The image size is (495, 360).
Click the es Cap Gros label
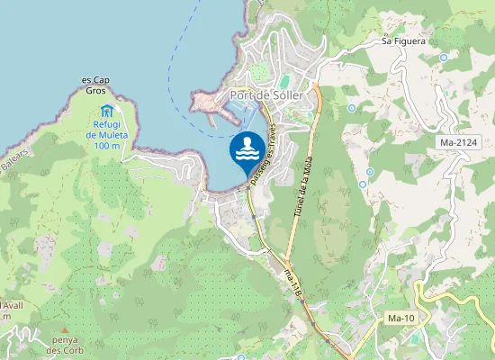pyautogui.click(x=95, y=85)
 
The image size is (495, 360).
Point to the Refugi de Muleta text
pyautogui.click(x=107, y=134)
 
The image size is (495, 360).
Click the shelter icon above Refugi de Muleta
pyautogui.click(x=107, y=111)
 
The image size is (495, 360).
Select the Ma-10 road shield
pyautogui.click(x=400, y=319)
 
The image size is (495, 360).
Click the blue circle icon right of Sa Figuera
pyautogui.click(x=443, y=58)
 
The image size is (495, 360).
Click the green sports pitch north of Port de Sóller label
pyautogui.click(x=258, y=70)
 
